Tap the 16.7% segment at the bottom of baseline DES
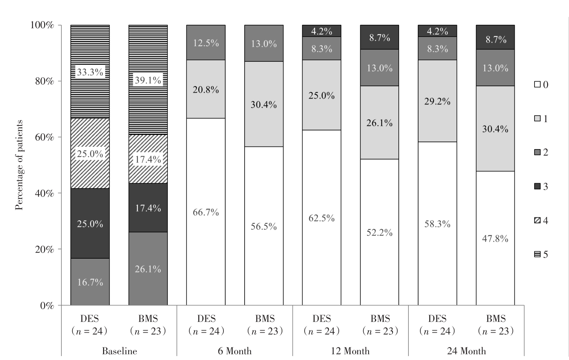click(90, 282)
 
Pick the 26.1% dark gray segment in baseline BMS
click(148, 269)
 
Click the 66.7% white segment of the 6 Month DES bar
click(205, 212)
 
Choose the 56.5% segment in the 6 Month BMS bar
click(264, 226)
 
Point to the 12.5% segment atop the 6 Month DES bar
click(205, 43)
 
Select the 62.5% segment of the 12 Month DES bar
click(321, 218)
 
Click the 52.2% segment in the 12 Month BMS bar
click(380, 232)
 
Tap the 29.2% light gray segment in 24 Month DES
click(437, 101)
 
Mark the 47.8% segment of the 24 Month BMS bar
click(495, 238)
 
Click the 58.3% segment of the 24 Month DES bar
click(437, 224)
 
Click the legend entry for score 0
click(541, 85)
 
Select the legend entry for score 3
click(541, 186)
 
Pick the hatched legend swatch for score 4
click(537, 220)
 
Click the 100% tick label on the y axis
click(42, 25)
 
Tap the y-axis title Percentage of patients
click(19, 165)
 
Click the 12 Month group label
click(350, 351)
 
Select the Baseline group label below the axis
click(119, 351)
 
